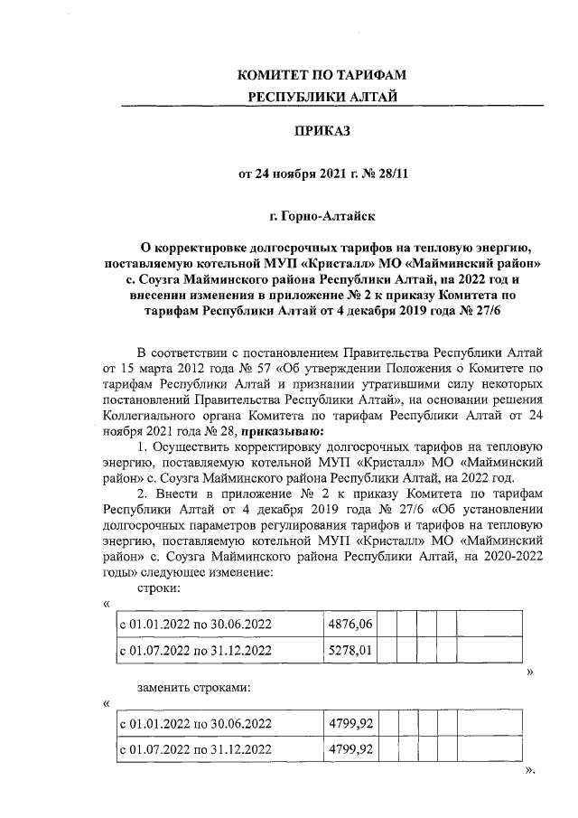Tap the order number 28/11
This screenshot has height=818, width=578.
392,173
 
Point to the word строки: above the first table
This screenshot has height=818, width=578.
159,588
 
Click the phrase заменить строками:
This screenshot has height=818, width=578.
193,688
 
